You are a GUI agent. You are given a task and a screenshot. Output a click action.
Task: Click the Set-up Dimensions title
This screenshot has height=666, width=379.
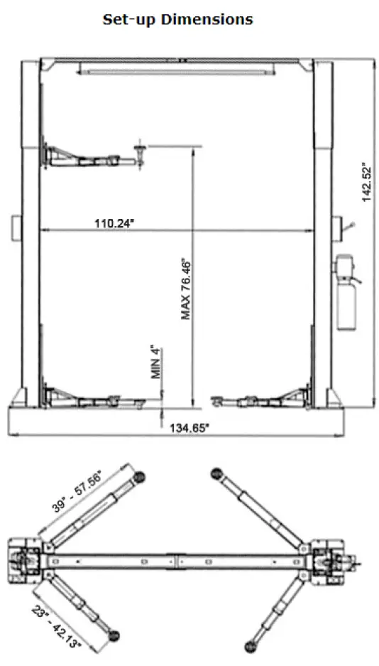click(177, 19)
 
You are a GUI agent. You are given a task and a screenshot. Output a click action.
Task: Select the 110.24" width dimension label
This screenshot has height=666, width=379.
click(114, 223)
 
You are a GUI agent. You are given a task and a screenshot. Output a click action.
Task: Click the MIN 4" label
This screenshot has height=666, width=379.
click(157, 363)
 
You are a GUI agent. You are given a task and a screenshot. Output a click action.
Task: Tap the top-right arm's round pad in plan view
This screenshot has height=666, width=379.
click(216, 474)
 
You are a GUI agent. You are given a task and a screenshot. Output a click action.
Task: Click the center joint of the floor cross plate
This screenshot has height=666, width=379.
click(177, 560)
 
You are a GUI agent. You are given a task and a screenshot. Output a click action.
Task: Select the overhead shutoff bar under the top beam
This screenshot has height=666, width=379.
click(177, 70)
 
